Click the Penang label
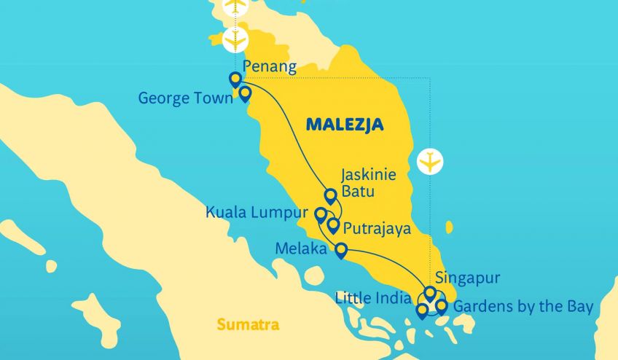click(x=270, y=68)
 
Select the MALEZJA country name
click(x=345, y=125)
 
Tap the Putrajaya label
click(x=378, y=228)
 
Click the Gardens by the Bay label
click(x=523, y=305)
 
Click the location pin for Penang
click(x=235, y=79)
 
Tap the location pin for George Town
click(x=246, y=93)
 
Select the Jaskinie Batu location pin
click(x=330, y=195)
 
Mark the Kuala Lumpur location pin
click(x=320, y=214)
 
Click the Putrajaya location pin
click(x=333, y=225)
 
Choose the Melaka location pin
click(x=341, y=251)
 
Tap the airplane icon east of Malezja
click(x=431, y=162)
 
